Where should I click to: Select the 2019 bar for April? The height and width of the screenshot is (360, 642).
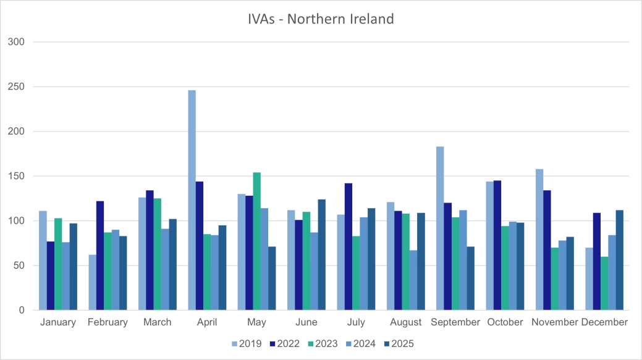click(192, 200)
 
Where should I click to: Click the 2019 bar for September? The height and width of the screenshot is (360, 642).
click(440, 228)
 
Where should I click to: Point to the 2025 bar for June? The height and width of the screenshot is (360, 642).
click(321, 254)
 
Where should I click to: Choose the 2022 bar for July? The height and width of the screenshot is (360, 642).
click(348, 247)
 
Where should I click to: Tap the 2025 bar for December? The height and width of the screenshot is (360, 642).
click(619, 260)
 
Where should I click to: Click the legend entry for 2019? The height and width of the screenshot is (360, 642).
click(247, 344)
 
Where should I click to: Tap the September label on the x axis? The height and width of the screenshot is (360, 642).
click(455, 322)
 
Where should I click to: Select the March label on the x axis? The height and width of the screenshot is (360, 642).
click(158, 322)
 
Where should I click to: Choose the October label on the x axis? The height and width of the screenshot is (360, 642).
click(505, 322)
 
